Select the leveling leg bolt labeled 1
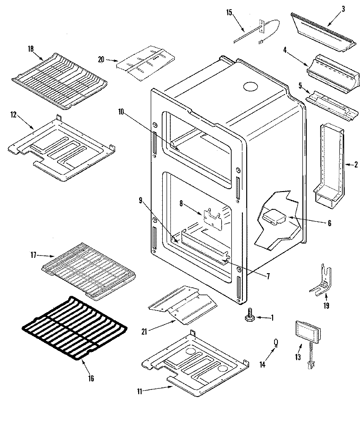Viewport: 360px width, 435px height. [x=249, y=317]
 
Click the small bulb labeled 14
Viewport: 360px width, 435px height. [x=276, y=342]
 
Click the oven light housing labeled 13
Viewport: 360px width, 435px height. [x=305, y=332]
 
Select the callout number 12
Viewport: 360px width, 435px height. [x=13, y=114]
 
